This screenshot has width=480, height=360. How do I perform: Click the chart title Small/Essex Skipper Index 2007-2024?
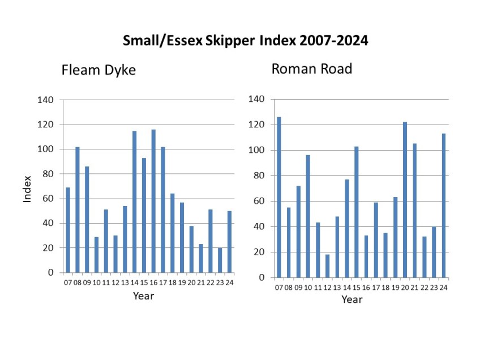[246, 41]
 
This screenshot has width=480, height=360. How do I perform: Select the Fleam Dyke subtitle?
[98, 70]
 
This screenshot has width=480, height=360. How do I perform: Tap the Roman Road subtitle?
[312, 69]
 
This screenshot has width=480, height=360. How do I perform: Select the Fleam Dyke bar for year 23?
[220, 260]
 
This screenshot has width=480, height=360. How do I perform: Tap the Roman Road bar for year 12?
[327, 266]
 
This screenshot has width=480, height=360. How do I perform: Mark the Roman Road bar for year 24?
[444, 205]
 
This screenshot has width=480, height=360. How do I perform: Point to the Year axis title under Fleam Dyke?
[143, 296]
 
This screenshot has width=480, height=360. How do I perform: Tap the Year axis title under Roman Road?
[352, 299]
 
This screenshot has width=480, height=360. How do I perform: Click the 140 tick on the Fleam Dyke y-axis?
[45, 100]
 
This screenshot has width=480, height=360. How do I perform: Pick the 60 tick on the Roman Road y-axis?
[259, 201]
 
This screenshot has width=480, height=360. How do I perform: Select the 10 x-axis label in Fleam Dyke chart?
[96, 284]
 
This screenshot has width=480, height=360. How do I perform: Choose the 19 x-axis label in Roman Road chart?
[395, 288]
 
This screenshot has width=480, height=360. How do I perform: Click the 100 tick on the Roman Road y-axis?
[256, 150]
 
